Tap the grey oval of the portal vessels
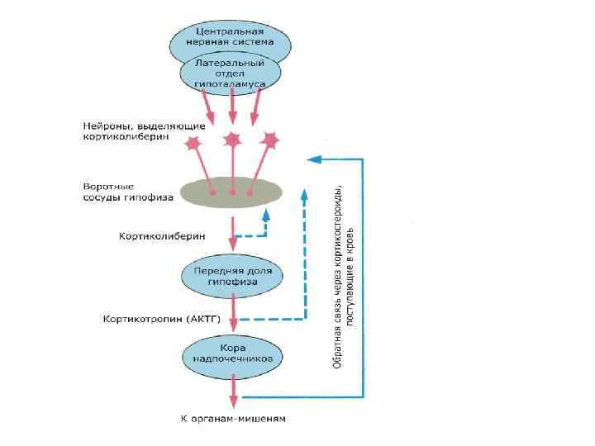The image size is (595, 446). (232, 191)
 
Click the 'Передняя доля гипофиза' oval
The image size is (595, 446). (232, 276)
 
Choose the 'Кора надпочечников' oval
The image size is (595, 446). (232, 353)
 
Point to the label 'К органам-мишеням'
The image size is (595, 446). (232, 419)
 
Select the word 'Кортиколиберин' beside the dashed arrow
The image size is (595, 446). (162, 236)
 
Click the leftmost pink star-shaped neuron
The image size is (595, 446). (193, 144)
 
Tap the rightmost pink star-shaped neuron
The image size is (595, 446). (269, 140)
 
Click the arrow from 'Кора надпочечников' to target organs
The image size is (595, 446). (233, 389)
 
